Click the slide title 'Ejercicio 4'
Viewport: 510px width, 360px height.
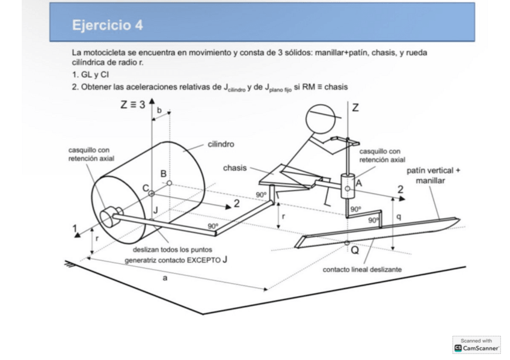click(x=107, y=25)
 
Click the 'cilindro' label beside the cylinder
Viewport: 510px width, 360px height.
click(x=221, y=144)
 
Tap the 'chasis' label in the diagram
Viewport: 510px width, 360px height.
click(x=235, y=168)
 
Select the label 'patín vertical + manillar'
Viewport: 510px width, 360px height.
click(x=433, y=175)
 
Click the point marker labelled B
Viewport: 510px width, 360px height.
click(x=170, y=183)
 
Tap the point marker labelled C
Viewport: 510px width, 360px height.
click(x=152, y=194)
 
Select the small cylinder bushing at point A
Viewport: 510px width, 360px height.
click(x=347, y=186)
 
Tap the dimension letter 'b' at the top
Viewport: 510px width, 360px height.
click(x=159, y=111)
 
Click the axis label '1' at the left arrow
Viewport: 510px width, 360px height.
click(x=75, y=228)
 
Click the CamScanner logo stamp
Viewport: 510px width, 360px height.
click(x=476, y=344)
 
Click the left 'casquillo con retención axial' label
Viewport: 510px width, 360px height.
click(x=91, y=154)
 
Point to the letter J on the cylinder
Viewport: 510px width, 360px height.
click(x=155, y=210)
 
